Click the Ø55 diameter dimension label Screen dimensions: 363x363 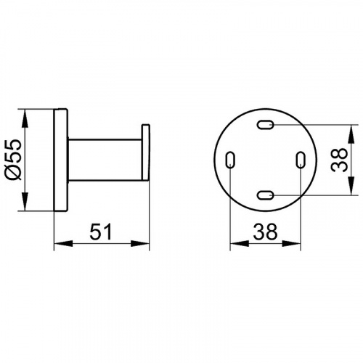[15, 160]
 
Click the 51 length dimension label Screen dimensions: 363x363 [101, 232]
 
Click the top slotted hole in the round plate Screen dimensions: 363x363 [265, 125]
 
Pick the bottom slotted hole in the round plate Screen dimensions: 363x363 [265, 195]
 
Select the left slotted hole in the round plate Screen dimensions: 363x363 [230, 160]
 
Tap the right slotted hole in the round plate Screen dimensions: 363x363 [301, 160]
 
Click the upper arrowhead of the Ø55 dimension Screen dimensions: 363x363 [25, 118]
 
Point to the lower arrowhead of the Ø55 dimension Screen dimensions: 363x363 [25, 202]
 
